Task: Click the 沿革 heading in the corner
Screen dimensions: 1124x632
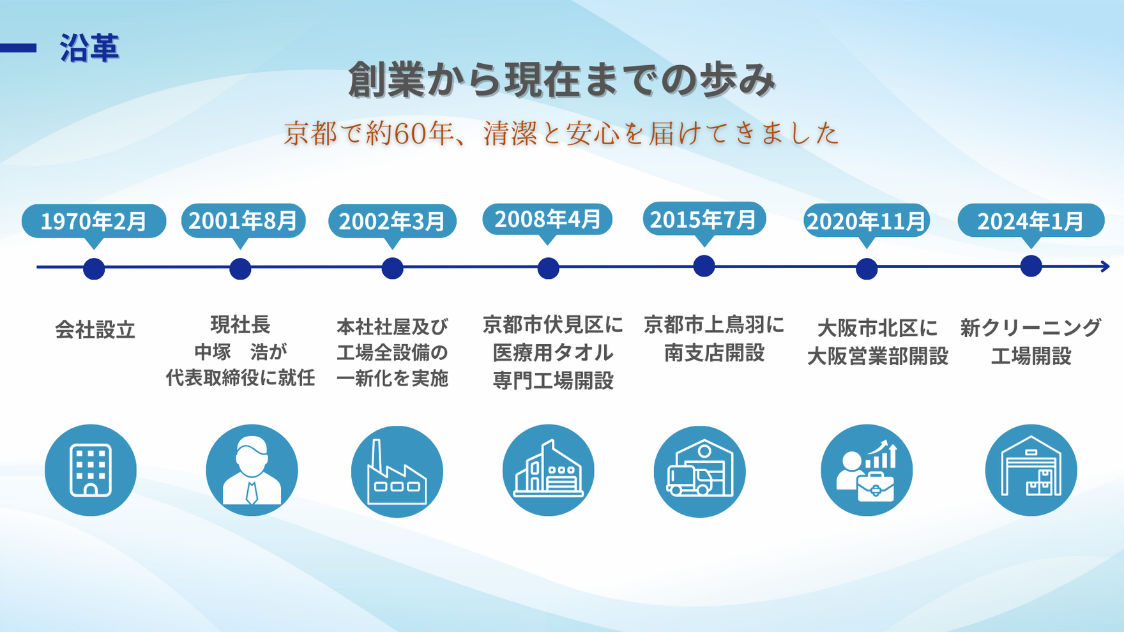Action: pos(89,48)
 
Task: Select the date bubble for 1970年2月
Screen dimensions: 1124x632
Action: pos(94,222)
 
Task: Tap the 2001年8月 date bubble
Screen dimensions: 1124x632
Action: pos(243,221)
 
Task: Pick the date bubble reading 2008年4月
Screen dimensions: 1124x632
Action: pos(547,220)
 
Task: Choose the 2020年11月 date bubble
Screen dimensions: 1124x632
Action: pos(866,221)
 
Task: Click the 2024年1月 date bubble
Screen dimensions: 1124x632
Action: pos(1031,221)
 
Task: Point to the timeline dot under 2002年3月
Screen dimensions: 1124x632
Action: pos(392,268)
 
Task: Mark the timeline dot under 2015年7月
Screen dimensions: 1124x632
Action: pos(704,266)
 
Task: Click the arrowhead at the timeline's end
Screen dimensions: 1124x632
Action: pos(1105,267)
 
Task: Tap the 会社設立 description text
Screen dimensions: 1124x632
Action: pos(95,330)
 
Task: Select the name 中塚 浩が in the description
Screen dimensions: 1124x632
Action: pos(241,351)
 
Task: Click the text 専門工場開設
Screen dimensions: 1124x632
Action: pos(553,380)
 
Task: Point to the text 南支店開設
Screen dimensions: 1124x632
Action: pos(714,352)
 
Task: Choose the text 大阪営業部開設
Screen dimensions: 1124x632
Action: pos(877,356)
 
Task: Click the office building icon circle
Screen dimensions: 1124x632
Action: pos(91,470)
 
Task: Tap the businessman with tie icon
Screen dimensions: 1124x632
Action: pos(252,470)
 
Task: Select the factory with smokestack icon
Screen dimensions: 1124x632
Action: pos(397,472)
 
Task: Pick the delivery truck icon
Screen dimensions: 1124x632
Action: pos(699,472)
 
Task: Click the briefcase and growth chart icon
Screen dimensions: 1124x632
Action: pos(867,470)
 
